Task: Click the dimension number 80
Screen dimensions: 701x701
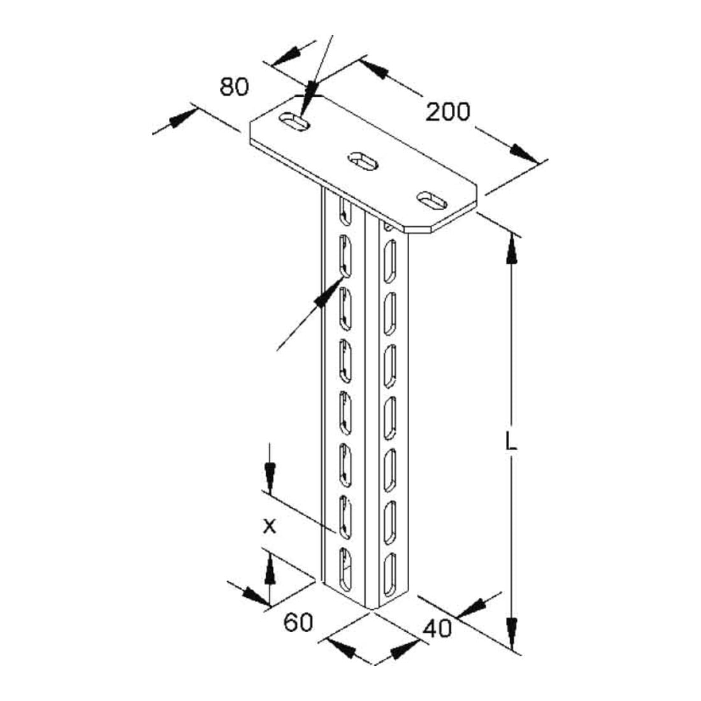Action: (234, 87)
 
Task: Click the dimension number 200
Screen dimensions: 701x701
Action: (447, 112)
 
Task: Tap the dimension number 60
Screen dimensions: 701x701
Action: (298, 622)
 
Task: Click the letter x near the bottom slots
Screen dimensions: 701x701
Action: (269, 526)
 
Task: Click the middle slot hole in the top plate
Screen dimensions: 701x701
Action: (363, 161)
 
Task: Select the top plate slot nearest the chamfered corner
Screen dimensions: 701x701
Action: (432, 200)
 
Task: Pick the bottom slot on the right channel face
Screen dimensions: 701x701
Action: (390, 574)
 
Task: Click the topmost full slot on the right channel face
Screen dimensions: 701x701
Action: (390, 261)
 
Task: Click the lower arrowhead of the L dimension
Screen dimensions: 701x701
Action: (512, 633)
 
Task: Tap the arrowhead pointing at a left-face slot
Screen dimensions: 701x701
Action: (328, 293)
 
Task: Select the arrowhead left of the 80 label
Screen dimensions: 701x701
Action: (184, 117)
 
